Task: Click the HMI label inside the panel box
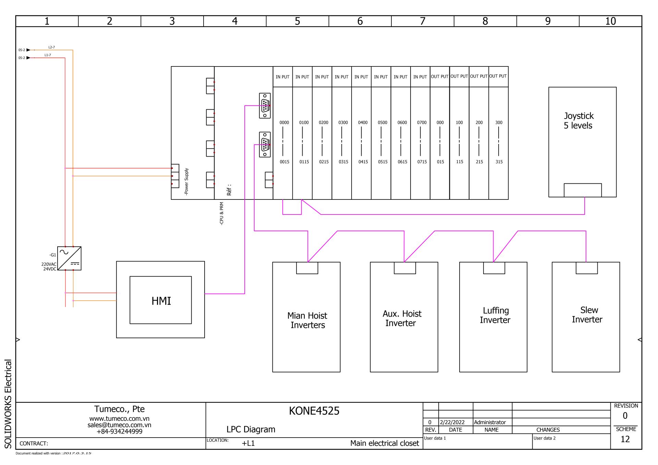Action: click(161, 301)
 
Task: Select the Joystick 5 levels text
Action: click(578, 121)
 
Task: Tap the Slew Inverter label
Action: click(587, 315)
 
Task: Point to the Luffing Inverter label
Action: click(495, 315)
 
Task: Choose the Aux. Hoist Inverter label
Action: click(402, 318)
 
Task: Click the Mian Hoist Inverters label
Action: click(307, 320)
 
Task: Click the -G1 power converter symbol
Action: click(69, 258)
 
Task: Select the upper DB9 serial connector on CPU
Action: click(265, 106)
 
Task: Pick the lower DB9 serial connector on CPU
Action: click(265, 144)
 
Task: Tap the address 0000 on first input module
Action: click(284, 122)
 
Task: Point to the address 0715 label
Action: click(422, 162)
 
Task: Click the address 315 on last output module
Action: click(499, 162)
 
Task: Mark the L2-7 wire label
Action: click(51, 47)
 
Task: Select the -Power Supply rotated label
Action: click(186, 182)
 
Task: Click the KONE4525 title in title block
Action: click(314, 411)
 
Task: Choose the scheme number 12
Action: click(625, 439)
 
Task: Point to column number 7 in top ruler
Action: click(423, 21)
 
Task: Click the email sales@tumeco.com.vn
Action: click(119, 425)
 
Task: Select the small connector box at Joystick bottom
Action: click(583, 190)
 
